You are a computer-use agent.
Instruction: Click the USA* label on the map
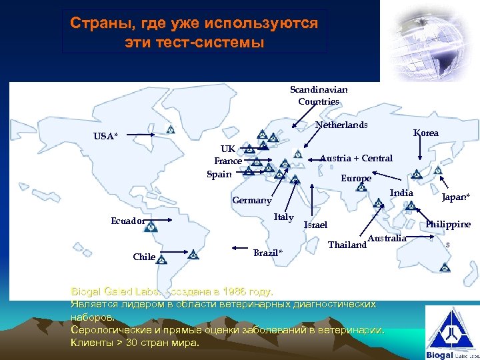click(106, 137)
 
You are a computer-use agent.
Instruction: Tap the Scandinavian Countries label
click(319, 95)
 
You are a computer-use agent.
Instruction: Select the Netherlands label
click(341, 125)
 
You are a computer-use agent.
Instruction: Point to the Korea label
click(426, 133)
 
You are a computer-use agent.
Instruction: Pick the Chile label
click(144, 257)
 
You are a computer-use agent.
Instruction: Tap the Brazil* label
click(268, 253)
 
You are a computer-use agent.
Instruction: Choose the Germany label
click(251, 201)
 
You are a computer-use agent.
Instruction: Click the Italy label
click(283, 217)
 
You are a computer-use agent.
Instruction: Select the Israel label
click(315, 225)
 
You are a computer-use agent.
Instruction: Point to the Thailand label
click(347, 245)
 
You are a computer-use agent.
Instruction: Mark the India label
click(401, 193)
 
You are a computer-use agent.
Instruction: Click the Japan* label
click(455, 197)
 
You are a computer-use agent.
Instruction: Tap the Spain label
click(219, 174)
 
